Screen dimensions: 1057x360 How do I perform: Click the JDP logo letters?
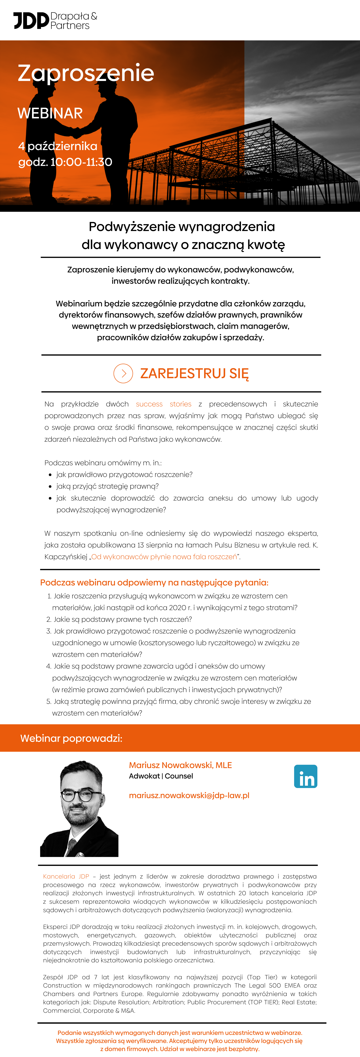tap(31, 21)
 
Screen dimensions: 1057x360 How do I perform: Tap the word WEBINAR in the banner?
tap(50, 113)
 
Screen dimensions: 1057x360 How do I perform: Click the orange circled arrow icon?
tap(123, 373)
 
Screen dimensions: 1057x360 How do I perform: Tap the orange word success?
tap(149, 404)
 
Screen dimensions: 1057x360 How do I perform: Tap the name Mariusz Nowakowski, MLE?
tap(180, 765)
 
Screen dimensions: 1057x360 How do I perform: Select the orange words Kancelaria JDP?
tap(66, 877)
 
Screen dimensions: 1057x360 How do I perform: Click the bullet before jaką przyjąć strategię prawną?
tap(50, 487)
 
